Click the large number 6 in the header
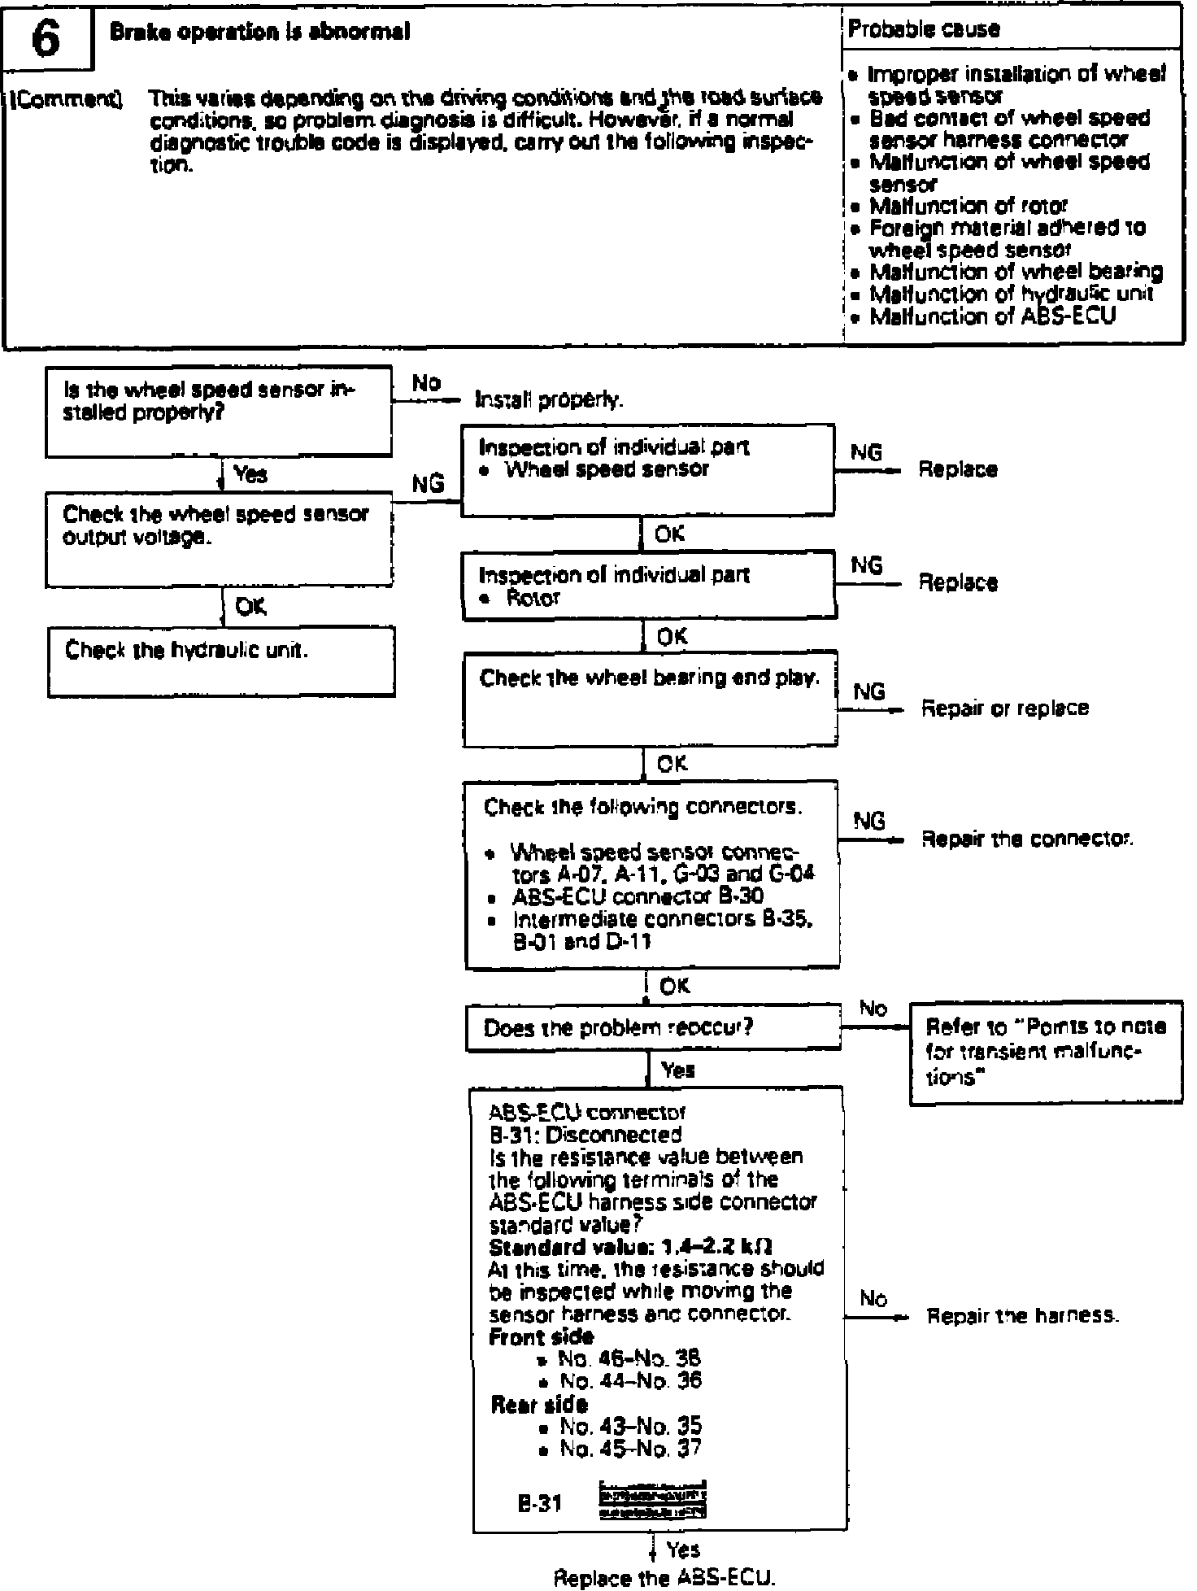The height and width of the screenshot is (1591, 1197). coord(46,40)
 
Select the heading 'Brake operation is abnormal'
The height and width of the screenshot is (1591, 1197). coord(259,32)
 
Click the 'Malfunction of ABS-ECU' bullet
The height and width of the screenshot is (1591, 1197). coord(992,316)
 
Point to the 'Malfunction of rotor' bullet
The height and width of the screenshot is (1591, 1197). coord(968,206)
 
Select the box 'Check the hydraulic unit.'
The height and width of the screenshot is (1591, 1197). coord(221,660)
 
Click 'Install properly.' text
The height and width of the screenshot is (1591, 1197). coord(549,400)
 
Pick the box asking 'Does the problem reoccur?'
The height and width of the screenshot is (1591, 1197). coord(654,1028)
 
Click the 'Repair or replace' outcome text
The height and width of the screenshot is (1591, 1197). coord(1004,708)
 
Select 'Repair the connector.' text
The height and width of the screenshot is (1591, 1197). coord(1027,839)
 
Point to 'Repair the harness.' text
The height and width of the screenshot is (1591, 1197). coord(1023,1315)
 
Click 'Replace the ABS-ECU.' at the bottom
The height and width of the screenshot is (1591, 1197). coord(664,1578)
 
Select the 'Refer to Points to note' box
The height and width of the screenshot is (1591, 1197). coord(1045,1053)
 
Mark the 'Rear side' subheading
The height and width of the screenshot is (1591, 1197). coord(539,1404)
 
